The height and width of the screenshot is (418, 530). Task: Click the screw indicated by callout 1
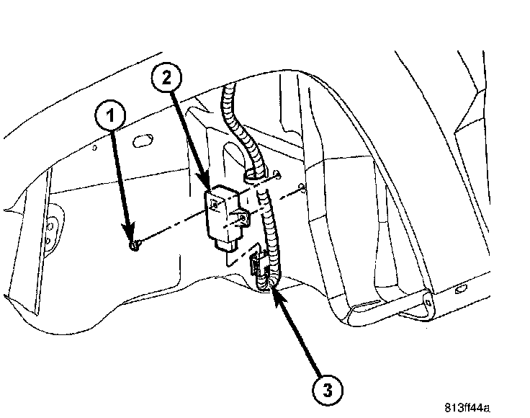click(x=133, y=247)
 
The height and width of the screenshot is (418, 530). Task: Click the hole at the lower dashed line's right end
click(x=300, y=190)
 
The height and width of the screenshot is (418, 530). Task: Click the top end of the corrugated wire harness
click(x=229, y=89)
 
